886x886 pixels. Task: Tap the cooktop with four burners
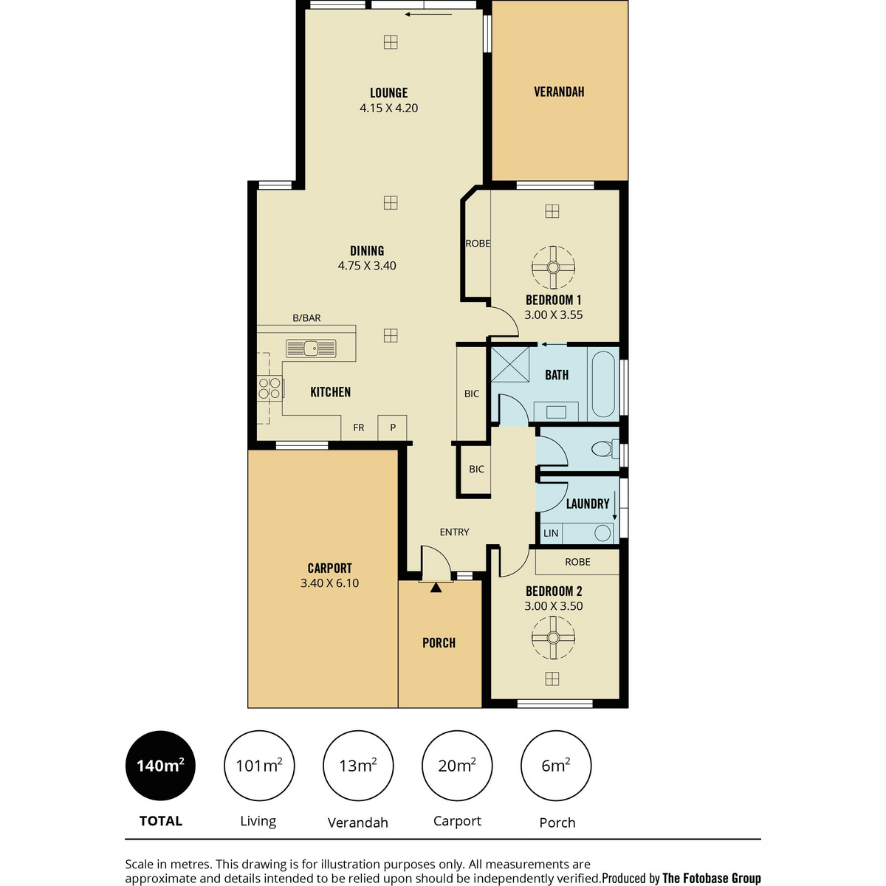(270, 388)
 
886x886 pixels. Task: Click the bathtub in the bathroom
(603, 384)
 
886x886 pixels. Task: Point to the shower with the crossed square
(510, 364)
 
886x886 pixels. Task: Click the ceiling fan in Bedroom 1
(553, 267)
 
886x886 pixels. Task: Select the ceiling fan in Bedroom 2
(553, 637)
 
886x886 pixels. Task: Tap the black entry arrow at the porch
(436, 587)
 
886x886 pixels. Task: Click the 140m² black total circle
(160, 766)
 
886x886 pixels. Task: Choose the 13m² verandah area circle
(358, 766)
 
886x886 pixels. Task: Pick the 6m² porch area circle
(556, 766)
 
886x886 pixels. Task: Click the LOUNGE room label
(389, 93)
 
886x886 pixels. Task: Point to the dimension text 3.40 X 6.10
(329, 583)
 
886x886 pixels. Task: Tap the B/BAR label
(306, 317)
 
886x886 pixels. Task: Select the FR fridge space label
(359, 427)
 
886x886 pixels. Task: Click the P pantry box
(392, 427)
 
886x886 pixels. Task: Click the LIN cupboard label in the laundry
(551, 533)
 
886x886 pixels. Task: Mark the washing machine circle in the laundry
(602, 533)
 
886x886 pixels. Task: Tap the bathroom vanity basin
(556, 412)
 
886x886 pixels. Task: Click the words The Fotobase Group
(711, 878)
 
